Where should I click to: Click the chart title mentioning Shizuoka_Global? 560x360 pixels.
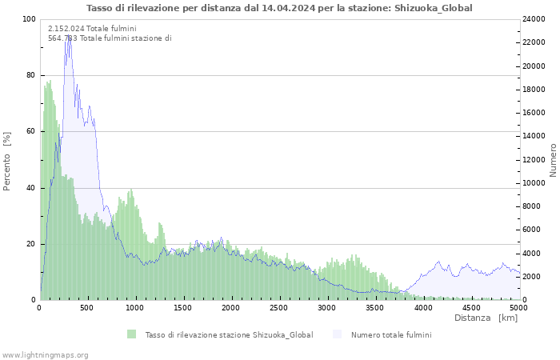(x=279, y=8)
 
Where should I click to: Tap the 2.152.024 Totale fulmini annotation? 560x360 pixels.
(x=92, y=29)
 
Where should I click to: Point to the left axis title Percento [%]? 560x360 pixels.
(x=6, y=162)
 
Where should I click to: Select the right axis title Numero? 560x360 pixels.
(x=553, y=160)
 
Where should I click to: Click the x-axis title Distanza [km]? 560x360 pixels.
(x=486, y=318)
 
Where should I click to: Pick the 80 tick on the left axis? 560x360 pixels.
(x=30, y=75)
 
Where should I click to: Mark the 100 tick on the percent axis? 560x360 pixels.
(x=29, y=19)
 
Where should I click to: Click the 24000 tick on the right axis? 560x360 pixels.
(x=534, y=19)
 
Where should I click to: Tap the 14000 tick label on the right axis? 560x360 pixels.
(x=534, y=136)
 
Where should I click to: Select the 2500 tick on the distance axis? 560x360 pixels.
(x=278, y=308)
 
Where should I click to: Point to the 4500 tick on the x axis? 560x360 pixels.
(x=470, y=308)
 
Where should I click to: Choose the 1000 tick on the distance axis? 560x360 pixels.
(x=134, y=308)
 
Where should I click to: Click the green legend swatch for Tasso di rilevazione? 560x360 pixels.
(x=131, y=334)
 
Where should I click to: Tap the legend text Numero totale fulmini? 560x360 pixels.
(x=391, y=335)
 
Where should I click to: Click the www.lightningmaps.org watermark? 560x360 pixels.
(x=44, y=355)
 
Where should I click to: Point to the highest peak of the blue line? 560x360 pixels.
(x=69, y=36)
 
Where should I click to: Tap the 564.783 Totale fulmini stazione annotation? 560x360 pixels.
(x=110, y=38)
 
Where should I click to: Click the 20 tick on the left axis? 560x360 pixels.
(x=30, y=244)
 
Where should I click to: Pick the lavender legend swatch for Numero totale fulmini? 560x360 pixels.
(x=337, y=334)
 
